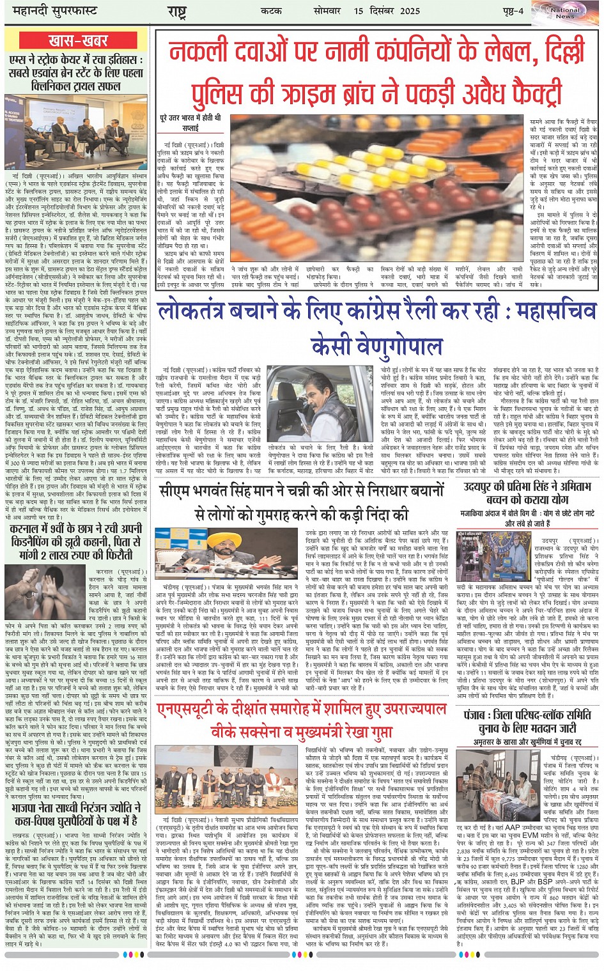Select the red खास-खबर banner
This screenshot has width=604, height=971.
click(77, 42)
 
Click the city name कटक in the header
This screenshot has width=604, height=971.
click(272, 11)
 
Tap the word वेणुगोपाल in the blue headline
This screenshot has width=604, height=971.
click(377, 347)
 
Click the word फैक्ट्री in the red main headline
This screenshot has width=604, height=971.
click(513, 92)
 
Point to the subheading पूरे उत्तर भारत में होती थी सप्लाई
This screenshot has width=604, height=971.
click(190, 123)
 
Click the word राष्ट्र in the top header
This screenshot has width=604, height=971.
click(177, 12)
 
